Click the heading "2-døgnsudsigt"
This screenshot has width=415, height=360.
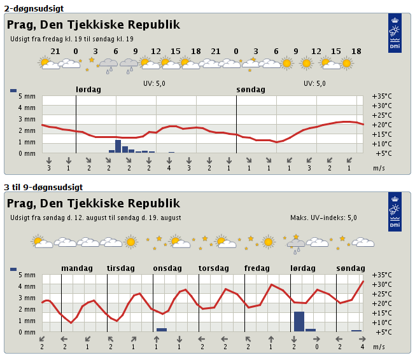pos(34,8)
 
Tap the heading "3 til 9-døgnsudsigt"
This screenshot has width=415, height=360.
pos(43,187)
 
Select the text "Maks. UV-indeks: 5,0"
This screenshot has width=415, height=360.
pos(323,218)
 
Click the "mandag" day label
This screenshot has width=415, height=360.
pos(77,268)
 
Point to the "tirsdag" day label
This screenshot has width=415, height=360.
pos(121,268)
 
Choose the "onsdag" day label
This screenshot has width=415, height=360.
pos(167,268)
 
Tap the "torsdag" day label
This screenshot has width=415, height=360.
pos(214,268)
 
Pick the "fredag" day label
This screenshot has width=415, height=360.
pos(257,268)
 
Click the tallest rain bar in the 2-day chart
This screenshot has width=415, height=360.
pos(118,146)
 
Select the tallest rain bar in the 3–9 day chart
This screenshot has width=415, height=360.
pos(299,322)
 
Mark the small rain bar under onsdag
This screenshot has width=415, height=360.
pos(162,330)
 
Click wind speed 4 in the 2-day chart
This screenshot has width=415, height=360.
pos(169,168)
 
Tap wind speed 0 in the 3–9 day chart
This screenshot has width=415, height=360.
pos(317,347)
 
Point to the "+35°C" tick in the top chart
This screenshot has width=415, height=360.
pos(382,96)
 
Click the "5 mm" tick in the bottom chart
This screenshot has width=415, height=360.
pos(27,275)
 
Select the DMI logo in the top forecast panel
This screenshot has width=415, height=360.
pos(395,33)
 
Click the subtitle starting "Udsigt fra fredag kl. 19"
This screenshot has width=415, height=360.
pos(72,39)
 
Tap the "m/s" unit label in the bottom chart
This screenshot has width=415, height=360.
pos(379,347)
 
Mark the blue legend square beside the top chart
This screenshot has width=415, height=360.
pos(13,90)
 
